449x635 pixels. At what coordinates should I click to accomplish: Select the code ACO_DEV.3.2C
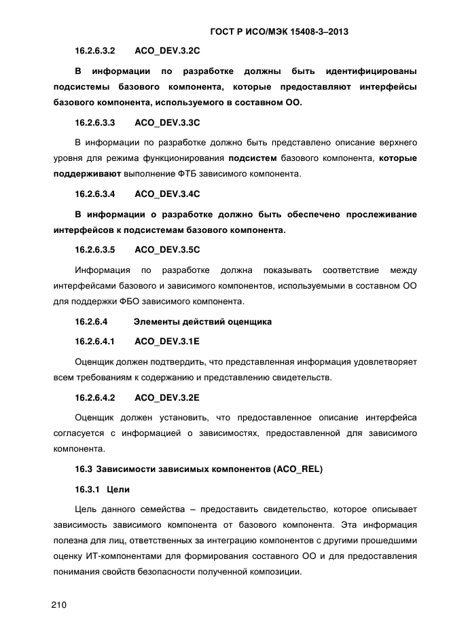[167, 51]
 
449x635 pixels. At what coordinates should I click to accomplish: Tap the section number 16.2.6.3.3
[94, 123]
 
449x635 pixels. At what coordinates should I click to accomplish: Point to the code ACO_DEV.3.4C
[167, 194]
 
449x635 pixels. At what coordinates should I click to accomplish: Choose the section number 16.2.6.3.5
[94, 249]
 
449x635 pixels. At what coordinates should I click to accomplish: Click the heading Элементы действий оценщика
[202, 321]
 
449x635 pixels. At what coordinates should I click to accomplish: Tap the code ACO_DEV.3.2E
[167, 396]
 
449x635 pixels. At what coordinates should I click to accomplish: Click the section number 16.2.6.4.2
[94, 396]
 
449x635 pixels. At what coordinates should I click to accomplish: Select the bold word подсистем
[253, 159]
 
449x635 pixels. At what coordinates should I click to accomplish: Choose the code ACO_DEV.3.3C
[167, 123]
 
